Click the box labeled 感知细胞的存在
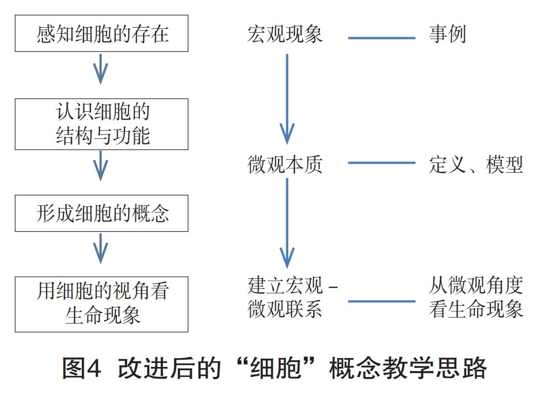(x=102, y=34)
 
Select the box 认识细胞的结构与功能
(x=102, y=124)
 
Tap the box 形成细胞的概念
(x=102, y=213)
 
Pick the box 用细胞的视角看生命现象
(x=102, y=304)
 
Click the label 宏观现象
(x=285, y=35)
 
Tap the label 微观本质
(x=285, y=164)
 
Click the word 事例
(x=447, y=35)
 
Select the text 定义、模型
(x=476, y=164)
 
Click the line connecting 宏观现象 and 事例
(x=382, y=38)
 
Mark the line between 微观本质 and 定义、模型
(x=382, y=163)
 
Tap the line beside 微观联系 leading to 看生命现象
(x=382, y=302)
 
